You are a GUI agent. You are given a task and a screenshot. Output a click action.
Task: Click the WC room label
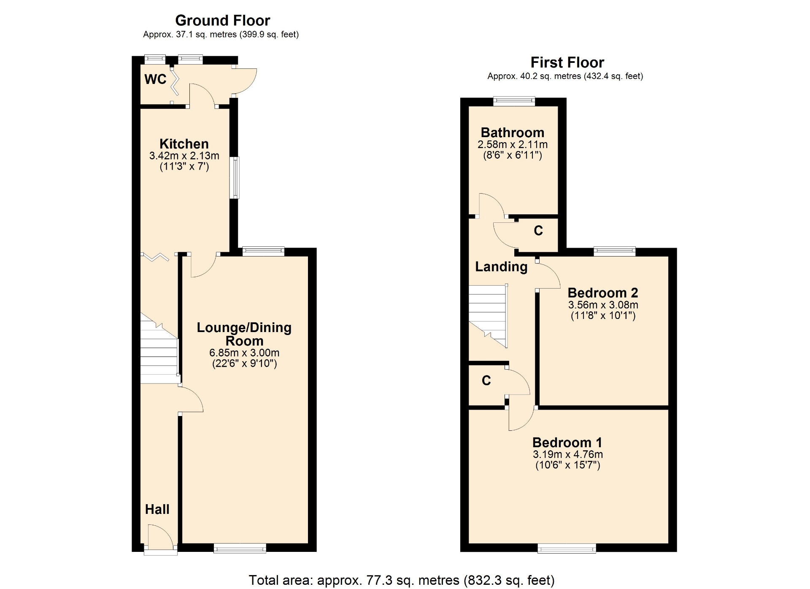tap(155, 79)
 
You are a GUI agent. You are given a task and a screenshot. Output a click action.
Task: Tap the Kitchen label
tap(184, 144)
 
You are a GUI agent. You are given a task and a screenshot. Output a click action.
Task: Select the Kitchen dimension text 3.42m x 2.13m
tap(184, 156)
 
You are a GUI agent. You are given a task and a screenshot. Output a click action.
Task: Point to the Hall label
tap(157, 509)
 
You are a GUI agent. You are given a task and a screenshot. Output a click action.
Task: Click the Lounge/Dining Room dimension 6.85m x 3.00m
tap(244, 353)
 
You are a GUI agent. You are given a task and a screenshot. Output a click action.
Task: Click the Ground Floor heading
tap(222, 20)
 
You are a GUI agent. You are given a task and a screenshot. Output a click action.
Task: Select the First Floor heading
tap(567, 62)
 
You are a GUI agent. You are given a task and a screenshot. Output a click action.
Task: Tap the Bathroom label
tap(513, 132)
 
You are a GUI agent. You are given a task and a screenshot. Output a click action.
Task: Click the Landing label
tap(501, 267)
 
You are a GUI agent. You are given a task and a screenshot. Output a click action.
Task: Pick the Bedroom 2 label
tap(603, 293)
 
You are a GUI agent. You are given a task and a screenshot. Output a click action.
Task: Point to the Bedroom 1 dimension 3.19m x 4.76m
tap(567, 454)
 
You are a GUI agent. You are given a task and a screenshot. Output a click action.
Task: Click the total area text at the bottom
tap(402, 581)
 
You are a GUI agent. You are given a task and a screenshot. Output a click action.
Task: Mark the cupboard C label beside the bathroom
tap(538, 230)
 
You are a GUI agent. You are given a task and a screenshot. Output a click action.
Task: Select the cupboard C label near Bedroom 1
tap(486, 381)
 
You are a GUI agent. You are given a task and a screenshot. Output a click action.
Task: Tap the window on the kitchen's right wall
tap(235, 178)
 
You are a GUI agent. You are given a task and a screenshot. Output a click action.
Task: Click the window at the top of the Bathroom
tap(514, 101)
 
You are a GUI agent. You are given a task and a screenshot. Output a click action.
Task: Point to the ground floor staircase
tap(159, 348)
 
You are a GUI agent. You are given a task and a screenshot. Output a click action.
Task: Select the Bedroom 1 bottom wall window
tap(567, 548)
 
